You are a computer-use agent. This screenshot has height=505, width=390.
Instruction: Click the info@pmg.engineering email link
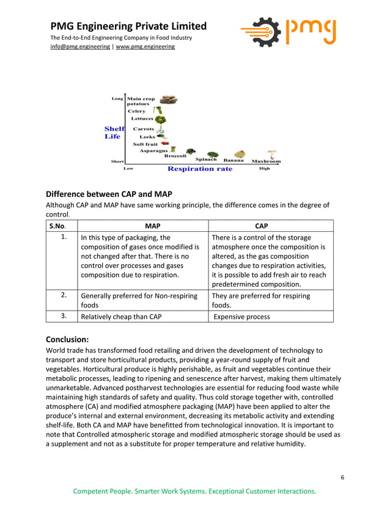click(79, 46)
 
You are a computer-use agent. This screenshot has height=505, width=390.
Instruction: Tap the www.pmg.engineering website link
click(145, 46)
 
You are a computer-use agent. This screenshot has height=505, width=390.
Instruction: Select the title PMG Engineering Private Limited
click(128, 26)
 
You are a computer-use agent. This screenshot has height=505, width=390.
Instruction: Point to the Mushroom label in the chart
click(267, 161)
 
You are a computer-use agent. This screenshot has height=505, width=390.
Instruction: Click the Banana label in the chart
click(234, 160)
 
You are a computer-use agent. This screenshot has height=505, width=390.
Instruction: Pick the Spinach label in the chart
click(206, 160)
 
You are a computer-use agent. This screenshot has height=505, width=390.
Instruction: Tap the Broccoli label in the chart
click(175, 156)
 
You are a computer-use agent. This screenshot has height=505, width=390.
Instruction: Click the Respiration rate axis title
click(200, 169)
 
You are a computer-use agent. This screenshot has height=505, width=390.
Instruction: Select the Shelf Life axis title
click(114, 133)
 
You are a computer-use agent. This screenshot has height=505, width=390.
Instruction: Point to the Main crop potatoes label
click(141, 101)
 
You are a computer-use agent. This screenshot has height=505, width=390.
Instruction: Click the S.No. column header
click(59, 226)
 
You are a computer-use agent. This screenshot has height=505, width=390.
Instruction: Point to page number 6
click(343, 477)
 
